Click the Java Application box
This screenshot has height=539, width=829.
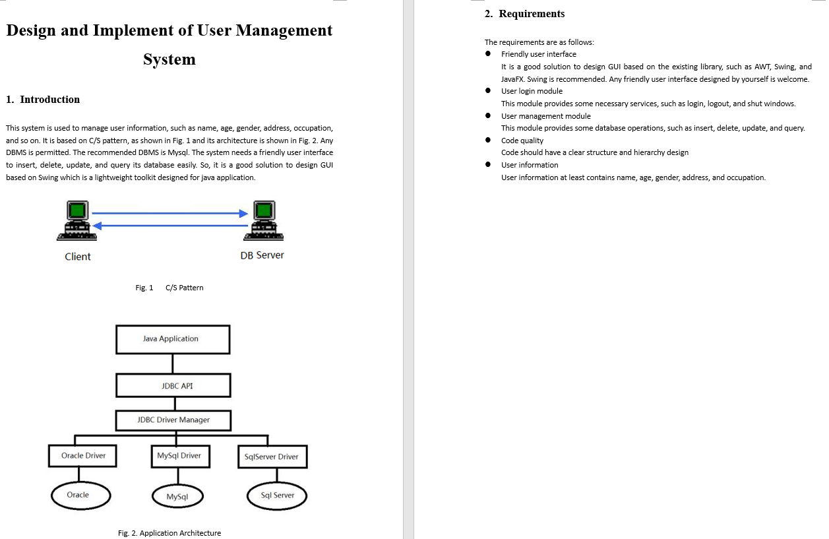pos(173,339)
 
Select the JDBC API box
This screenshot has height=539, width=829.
pos(173,385)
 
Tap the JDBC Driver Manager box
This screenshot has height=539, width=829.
pos(173,420)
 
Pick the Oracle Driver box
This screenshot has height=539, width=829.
pos(83,456)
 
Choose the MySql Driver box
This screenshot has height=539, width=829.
pos(179,456)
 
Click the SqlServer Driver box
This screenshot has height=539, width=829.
pos(271,457)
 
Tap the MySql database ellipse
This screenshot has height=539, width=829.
pos(177,497)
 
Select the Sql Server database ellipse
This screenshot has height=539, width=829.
pos(276,496)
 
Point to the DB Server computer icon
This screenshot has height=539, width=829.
pos(264,221)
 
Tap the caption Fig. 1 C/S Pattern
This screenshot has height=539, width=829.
pos(169,288)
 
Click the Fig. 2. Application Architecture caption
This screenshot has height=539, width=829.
pos(169,533)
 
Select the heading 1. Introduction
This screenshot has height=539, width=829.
pos(43,100)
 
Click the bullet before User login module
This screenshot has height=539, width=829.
pos(487,91)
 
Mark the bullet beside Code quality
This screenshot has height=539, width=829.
pos(487,141)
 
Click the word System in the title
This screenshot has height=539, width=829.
pos(169,59)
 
